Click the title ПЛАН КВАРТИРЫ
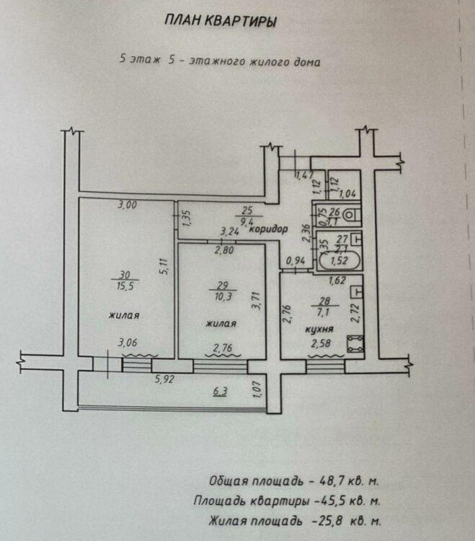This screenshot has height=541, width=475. pyautogui.click(x=221, y=21)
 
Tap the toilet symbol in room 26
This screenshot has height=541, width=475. pyautogui.click(x=350, y=215)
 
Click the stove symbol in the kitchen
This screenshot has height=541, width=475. pyautogui.click(x=355, y=344)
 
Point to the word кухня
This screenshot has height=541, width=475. pyautogui.click(x=319, y=329)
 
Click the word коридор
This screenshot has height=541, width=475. pyautogui.click(x=268, y=229)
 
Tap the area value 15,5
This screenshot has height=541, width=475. pyautogui.click(x=125, y=286)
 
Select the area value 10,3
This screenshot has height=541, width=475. pyautogui.click(x=223, y=296)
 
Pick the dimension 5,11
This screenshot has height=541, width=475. pyautogui.click(x=165, y=266)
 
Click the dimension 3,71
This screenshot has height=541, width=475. pyautogui.click(x=257, y=301)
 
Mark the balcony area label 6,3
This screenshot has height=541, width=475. pyautogui.click(x=220, y=392)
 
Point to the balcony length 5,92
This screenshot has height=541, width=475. pyautogui.click(x=165, y=379)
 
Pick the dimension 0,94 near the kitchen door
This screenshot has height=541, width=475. pyautogui.click(x=296, y=261)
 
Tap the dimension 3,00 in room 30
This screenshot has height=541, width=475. pyautogui.click(x=128, y=205)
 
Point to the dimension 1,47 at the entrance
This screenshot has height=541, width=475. pyautogui.click(x=304, y=175)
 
